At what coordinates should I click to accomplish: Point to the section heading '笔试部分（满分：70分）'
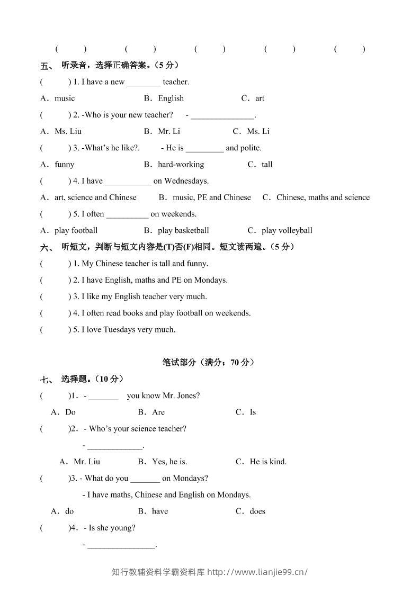208,363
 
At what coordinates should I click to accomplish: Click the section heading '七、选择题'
82,379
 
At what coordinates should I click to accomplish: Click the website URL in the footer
257,572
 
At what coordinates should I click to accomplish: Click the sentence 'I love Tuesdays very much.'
128,329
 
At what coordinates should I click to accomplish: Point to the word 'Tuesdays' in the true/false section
119,329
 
